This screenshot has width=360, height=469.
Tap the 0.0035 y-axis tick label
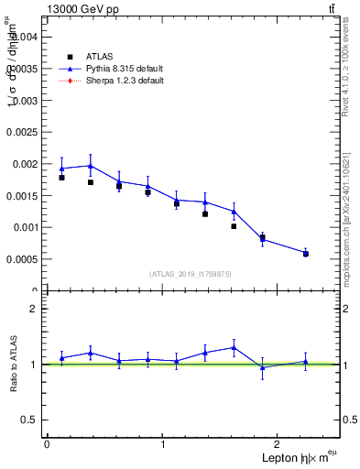point(20,69)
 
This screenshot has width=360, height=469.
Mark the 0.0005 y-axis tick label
point(20,259)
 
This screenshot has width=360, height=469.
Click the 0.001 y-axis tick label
point(23,227)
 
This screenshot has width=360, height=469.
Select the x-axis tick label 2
point(280,444)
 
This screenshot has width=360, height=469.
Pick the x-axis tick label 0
point(47,444)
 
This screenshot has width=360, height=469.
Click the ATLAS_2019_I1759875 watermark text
point(191,273)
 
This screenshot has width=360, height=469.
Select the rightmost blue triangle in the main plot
point(306,252)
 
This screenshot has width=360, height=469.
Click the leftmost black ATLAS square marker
point(61,177)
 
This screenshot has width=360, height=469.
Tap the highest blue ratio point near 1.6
point(234,347)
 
